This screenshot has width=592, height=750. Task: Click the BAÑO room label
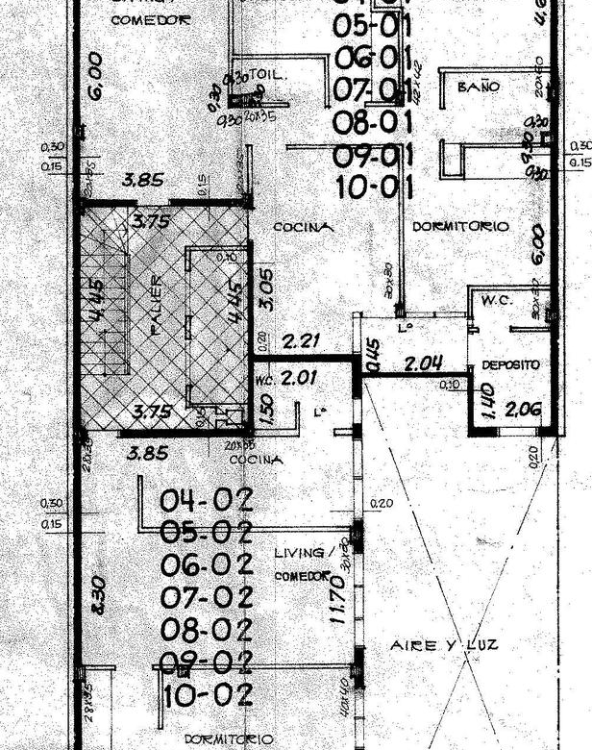(x=478, y=87)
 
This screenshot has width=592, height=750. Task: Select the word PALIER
(x=156, y=305)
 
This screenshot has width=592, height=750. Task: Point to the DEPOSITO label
(x=509, y=365)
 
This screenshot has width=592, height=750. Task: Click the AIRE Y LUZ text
(x=444, y=645)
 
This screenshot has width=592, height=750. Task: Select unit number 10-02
(x=209, y=694)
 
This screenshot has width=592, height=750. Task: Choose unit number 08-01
(x=373, y=123)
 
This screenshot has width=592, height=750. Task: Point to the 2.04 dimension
(x=423, y=363)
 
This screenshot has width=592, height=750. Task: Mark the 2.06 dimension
(x=523, y=410)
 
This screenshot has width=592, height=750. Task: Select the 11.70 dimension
(x=337, y=600)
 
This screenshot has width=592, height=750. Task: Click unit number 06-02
(x=206, y=564)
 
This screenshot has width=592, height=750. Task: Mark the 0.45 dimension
(x=374, y=358)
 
